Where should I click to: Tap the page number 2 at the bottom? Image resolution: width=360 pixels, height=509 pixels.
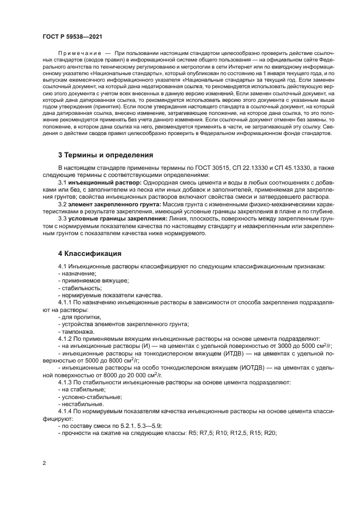click(x=44, y=463)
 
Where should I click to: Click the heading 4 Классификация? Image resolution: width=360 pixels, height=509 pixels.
click(x=90, y=254)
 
